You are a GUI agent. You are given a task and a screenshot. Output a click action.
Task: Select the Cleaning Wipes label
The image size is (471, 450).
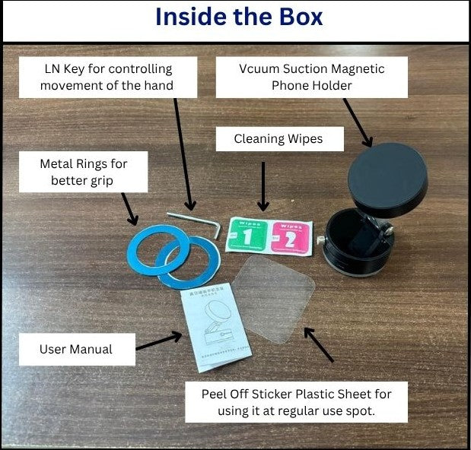pos(278,139)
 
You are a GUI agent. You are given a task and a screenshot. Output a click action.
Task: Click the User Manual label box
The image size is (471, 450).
pos(76,350)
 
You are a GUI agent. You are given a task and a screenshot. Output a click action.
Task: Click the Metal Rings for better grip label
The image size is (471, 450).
pos(84,172)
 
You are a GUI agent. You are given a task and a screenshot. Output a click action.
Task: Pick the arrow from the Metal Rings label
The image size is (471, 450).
pos(129,208)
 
